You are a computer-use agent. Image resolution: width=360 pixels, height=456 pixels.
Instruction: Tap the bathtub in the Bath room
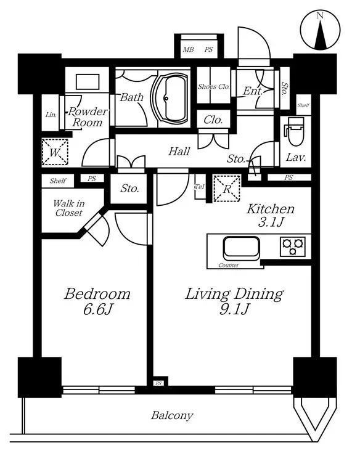[170, 98]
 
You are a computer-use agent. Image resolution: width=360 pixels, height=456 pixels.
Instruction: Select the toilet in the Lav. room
[295, 131]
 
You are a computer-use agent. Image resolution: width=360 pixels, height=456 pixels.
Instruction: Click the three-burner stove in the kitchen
[293, 246]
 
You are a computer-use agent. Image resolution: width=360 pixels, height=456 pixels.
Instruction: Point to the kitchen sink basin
[241, 248]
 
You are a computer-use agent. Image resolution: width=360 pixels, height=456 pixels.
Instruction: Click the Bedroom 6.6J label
[97, 301]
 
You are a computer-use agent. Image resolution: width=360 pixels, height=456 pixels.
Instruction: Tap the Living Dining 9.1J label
[234, 301]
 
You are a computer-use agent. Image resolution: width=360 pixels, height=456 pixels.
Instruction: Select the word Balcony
[172, 415]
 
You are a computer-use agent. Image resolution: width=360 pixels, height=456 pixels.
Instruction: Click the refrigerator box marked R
[227, 189]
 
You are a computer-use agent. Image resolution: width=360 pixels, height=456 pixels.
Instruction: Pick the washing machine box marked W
[55, 152]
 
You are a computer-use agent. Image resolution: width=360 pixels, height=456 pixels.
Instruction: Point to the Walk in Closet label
[68, 208]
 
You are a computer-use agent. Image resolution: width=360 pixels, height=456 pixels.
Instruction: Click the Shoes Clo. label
[214, 86]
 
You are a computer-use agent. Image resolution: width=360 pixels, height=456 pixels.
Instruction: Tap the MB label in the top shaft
[188, 49]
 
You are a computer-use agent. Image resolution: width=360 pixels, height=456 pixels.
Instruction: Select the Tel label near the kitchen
[200, 187]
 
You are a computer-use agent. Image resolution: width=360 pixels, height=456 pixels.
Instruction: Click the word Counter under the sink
[229, 265]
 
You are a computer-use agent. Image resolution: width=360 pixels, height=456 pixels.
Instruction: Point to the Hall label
[179, 151]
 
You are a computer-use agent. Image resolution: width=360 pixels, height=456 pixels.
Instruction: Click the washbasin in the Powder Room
[88, 82]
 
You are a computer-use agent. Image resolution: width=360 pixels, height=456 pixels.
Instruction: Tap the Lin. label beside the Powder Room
[51, 115]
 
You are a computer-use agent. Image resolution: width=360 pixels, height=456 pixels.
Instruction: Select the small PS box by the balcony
[158, 383]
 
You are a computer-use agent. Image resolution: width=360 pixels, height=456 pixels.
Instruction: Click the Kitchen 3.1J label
[271, 215]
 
